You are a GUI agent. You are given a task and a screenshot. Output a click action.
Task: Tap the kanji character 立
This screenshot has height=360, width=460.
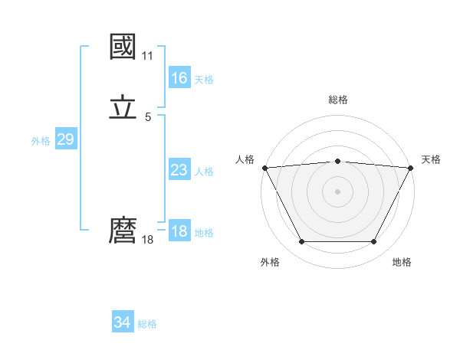point(123,108)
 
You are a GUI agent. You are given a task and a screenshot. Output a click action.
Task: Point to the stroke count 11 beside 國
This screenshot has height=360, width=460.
point(148,56)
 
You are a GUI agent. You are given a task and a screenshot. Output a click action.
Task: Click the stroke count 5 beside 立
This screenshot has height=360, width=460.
point(148,117)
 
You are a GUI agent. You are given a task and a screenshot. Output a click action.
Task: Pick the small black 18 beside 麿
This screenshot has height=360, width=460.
point(148,240)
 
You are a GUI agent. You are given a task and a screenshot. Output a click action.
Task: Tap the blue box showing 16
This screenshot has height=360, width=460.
point(179,78)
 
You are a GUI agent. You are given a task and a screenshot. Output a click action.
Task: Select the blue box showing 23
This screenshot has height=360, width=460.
point(179,170)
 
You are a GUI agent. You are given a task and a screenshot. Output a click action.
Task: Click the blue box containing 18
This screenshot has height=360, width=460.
point(179,231)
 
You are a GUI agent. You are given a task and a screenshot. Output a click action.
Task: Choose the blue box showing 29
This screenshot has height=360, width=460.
point(65,139)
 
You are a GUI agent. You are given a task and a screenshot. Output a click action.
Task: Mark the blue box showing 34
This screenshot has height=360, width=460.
point(122,323)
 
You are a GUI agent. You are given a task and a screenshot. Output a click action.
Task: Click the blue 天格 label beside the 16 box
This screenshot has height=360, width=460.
point(204,80)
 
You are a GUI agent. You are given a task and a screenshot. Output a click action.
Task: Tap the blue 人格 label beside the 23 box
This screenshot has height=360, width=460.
point(204,172)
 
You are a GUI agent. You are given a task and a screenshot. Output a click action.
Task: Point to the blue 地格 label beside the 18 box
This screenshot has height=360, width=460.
point(204,233)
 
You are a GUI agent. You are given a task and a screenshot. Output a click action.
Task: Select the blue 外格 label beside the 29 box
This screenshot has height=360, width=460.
point(41,141)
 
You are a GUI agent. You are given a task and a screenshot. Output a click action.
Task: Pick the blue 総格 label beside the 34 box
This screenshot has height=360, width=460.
point(147,325)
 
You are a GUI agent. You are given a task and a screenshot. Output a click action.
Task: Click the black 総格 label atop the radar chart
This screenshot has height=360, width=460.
point(337,100)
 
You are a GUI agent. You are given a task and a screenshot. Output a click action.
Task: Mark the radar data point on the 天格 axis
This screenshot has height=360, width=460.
point(411,167)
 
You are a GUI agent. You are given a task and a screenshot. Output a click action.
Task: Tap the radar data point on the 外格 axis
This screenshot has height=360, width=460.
point(301,242)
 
